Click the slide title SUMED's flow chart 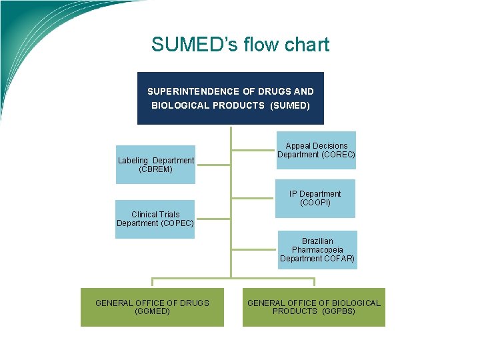click(240, 45)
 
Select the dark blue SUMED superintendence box click(230, 98)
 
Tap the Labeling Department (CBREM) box click(155, 165)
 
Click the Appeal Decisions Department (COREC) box click(316, 151)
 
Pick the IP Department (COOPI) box click(315, 199)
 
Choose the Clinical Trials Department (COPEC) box click(155, 219)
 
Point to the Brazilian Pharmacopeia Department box click(317, 250)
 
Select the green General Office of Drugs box click(152, 307)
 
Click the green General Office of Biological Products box click(313, 307)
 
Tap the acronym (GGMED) click(152, 311)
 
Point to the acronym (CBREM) click(155, 169)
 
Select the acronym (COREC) click(337, 155)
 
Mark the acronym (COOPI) click(315, 203)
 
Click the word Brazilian click(317, 241)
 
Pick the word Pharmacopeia click(317, 250)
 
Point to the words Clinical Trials click(155, 215)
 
